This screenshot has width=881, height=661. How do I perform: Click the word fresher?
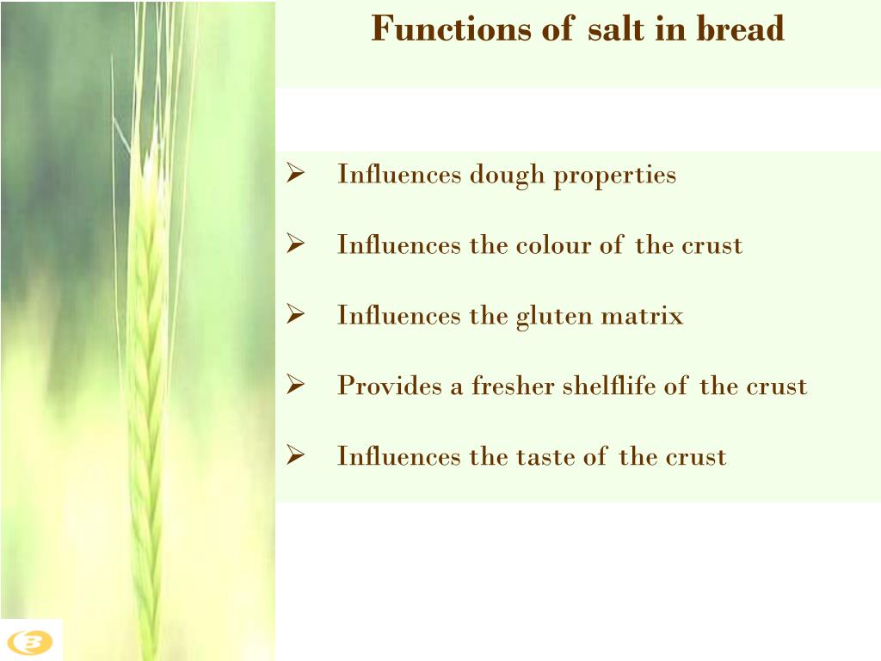pyautogui.click(x=513, y=386)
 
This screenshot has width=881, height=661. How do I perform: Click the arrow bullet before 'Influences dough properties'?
pyautogui.click(x=296, y=175)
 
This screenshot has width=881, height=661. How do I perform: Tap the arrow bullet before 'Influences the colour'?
pyautogui.click(x=296, y=245)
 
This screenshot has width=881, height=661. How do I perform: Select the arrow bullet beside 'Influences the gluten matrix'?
pyautogui.click(x=296, y=316)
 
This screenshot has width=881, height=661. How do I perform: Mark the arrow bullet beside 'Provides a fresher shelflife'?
pyautogui.click(x=296, y=386)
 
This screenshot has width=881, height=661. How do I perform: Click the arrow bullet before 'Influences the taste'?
pyautogui.click(x=296, y=456)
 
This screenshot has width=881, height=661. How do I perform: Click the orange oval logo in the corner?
pyautogui.click(x=30, y=642)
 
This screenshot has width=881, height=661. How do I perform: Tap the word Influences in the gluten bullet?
pyautogui.click(x=399, y=316)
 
